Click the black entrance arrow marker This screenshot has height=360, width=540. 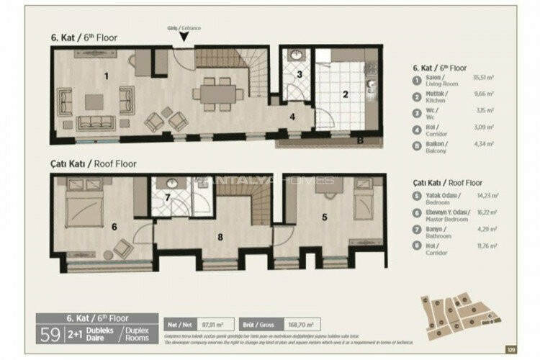[184, 37]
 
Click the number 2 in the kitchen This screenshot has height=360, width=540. [345, 94]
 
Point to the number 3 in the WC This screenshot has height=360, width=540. [300, 75]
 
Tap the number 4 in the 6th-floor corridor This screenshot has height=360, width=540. [292, 115]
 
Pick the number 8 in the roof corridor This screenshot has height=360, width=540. [220, 235]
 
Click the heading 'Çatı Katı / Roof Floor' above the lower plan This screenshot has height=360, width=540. [94, 163]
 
